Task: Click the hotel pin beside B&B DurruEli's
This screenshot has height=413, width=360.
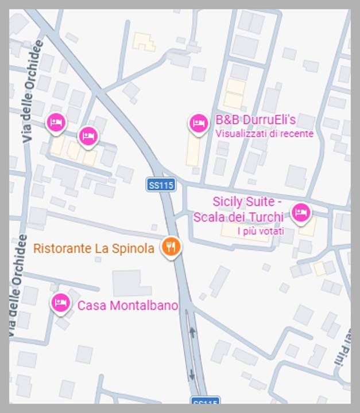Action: [x=199, y=123]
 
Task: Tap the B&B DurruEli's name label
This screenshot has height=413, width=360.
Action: [x=256, y=120]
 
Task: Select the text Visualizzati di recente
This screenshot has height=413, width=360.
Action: [x=264, y=134]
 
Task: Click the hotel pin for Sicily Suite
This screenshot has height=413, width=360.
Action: [x=301, y=213]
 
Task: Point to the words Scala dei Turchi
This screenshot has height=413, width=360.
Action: [x=238, y=217]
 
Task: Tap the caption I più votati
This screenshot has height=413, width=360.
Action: [x=261, y=231]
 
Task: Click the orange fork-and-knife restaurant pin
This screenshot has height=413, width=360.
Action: [x=171, y=247]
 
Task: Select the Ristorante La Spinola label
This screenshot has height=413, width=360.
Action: [x=94, y=248]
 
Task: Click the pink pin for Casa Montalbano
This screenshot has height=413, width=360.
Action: [x=60, y=302]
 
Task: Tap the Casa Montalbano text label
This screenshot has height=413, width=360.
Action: [x=127, y=306]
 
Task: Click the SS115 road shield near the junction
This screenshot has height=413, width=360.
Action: [x=161, y=185]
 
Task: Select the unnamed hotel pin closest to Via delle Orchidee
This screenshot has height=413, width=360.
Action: [x=56, y=122]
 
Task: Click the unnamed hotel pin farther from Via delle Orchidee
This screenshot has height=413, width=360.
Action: [x=87, y=136]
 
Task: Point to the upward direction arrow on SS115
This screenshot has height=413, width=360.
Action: [x=192, y=332]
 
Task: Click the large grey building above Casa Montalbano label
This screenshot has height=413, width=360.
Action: [x=131, y=283]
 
